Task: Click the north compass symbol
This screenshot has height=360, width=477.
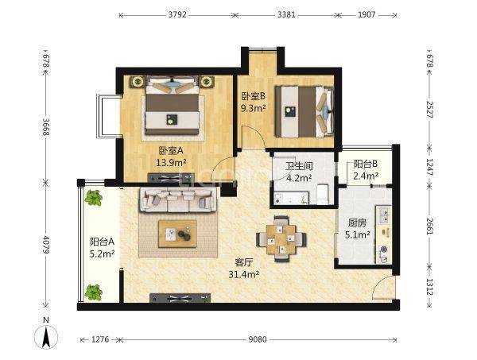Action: coord(46,337)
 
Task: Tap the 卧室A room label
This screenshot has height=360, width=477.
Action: coord(171,150)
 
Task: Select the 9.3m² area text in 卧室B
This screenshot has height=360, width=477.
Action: coord(254,108)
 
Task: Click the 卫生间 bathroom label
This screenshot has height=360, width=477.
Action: coord(300,166)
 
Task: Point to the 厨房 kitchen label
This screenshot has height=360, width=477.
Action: coord(357,223)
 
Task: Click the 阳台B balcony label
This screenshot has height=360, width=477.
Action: coord(366,165)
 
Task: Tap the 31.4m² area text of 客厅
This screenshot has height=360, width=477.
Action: coord(244,274)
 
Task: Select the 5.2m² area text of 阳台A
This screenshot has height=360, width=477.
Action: coord(102,254)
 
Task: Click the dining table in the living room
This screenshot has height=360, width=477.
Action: coord(281,239)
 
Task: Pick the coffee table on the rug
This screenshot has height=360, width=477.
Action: coord(177,234)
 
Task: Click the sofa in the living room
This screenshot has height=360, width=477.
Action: coord(178,199)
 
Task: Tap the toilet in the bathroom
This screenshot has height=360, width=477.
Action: coord(323,195)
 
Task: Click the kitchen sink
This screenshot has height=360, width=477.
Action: coord(384,215)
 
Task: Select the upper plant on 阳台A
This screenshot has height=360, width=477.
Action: coord(93,198)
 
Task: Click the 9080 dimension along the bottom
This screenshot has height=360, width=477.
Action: coord(258,339)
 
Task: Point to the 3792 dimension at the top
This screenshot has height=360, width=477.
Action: coord(177,14)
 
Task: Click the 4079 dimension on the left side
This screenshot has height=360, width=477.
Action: coord(46,245)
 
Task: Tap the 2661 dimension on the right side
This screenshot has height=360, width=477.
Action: coord(430,226)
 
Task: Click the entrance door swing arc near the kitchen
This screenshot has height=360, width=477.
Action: coord(381,286)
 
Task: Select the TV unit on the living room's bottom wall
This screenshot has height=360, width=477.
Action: coord(180,298)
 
